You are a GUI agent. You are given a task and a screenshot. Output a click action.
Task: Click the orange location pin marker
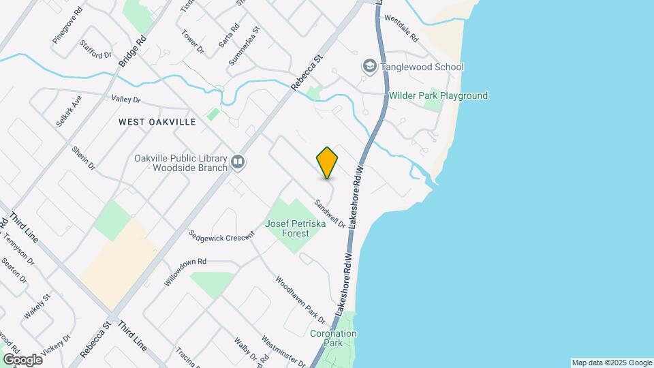[x=327, y=163]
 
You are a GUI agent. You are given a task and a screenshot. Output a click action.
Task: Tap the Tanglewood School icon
[x=370, y=66]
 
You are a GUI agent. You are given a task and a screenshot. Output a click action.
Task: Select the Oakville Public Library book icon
[x=238, y=162]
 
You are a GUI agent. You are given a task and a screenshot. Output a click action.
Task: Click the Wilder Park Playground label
[x=438, y=96]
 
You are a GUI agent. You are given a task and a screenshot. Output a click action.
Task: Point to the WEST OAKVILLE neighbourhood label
[x=157, y=122]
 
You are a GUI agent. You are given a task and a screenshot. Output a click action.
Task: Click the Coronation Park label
[x=333, y=339]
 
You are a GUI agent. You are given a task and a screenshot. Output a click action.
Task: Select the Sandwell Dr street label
[x=330, y=213]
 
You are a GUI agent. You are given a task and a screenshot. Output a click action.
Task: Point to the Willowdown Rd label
[x=185, y=272]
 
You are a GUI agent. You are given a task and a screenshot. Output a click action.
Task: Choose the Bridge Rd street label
[x=133, y=50]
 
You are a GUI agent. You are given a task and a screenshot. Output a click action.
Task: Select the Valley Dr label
[x=125, y=99]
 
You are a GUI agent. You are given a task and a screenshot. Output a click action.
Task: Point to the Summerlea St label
[x=245, y=46]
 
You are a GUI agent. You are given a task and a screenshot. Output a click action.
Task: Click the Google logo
[x=22, y=359]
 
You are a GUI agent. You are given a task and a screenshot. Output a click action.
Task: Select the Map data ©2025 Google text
[x=611, y=363]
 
